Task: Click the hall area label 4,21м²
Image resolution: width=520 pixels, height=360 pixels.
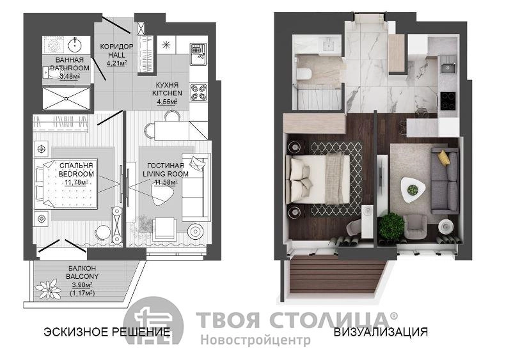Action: (x=117, y=63)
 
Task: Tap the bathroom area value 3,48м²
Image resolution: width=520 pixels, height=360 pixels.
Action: (x=70, y=76)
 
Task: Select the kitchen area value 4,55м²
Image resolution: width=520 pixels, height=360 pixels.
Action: (x=167, y=102)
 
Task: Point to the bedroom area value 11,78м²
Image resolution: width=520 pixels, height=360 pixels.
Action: (x=76, y=182)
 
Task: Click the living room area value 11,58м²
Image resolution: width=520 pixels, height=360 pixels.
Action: (x=166, y=182)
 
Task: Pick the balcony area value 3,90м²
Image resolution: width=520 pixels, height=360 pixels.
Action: (x=82, y=285)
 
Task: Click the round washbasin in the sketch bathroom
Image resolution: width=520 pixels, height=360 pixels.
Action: (x=77, y=43)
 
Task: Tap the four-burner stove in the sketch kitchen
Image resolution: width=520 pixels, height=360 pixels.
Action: (x=198, y=93)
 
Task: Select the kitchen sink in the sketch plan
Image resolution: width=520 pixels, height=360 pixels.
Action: (x=198, y=54)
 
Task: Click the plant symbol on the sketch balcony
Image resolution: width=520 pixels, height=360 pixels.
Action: (x=49, y=289)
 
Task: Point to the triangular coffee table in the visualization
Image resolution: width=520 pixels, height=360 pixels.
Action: (x=413, y=190)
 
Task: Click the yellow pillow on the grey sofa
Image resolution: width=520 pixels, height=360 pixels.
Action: (x=443, y=157)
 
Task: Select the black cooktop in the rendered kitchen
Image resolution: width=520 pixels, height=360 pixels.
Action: (x=448, y=101)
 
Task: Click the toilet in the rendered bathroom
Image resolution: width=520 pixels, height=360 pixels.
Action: (x=303, y=74)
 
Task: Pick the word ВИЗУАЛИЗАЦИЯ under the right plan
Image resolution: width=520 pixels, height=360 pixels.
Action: (x=381, y=331)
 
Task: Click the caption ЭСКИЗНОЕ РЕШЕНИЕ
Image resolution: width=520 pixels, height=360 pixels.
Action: (x=107, y=331)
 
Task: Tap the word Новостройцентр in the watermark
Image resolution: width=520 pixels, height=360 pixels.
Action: (x=255, y=340)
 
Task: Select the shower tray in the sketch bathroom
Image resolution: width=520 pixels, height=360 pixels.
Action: (x=67, y=98)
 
